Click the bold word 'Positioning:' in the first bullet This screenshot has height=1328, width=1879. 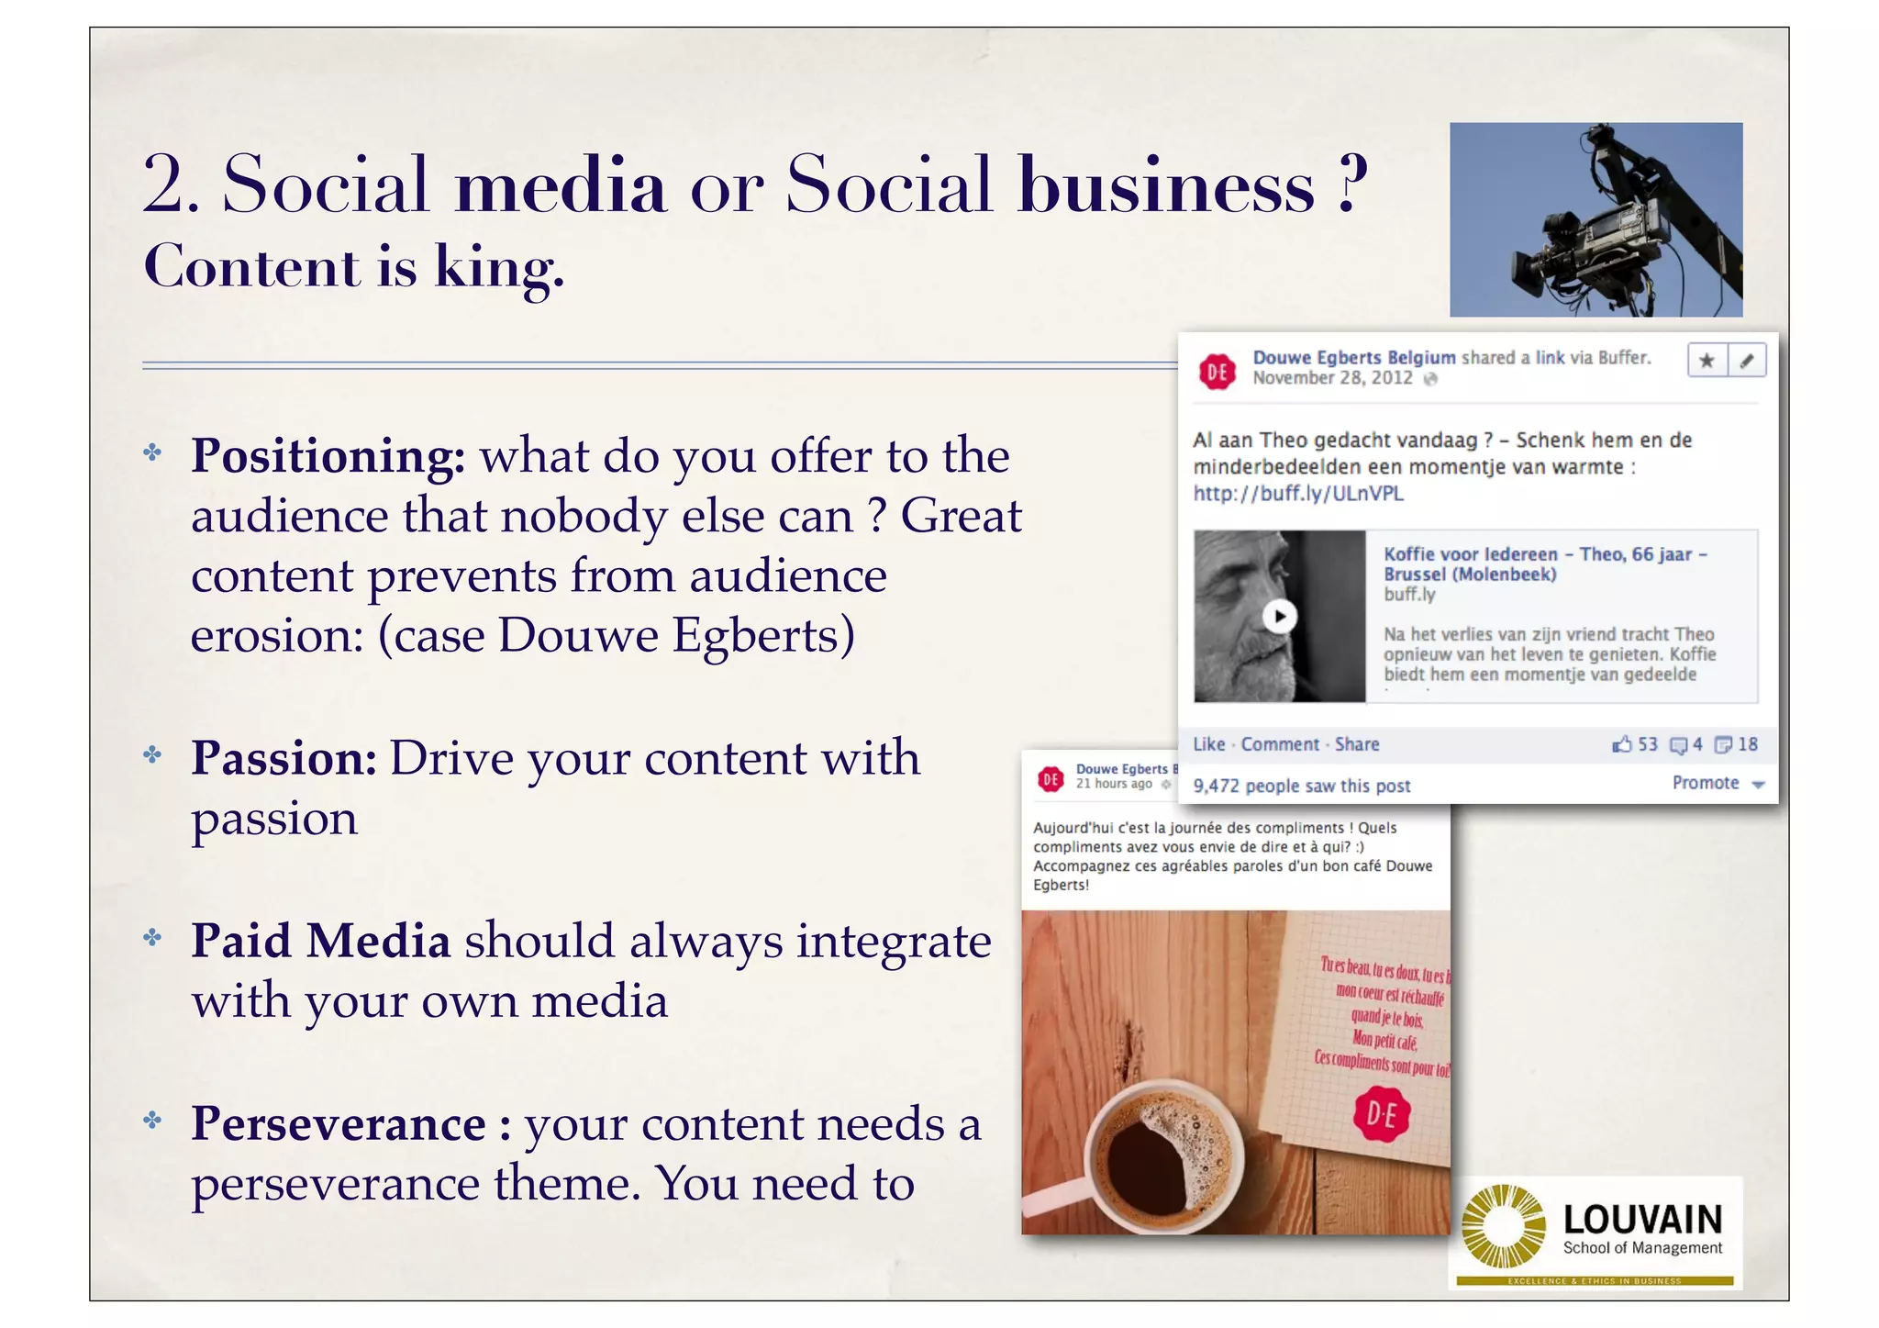328,456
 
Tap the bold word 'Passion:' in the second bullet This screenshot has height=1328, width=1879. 284,759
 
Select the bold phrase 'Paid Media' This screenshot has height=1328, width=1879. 320,942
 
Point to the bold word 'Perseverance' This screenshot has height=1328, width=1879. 338,1124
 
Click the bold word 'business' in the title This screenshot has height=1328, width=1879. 1166,185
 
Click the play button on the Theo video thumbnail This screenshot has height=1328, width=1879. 1280,616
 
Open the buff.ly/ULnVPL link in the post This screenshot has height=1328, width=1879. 1298,494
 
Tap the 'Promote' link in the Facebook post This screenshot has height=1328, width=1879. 1706,783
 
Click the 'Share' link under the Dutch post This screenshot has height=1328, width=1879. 1357,744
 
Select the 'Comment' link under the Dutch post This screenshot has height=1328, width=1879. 1280,744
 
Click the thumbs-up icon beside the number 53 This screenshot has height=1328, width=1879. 1622,744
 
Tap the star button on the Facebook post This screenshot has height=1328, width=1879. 1707,361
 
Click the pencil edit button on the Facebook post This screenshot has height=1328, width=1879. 1747,361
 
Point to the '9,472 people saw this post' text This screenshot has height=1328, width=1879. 1302,786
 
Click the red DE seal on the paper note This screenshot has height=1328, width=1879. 1382,1114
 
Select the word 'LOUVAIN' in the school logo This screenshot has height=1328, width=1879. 1642,1220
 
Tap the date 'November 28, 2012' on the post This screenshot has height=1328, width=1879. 1332,378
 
